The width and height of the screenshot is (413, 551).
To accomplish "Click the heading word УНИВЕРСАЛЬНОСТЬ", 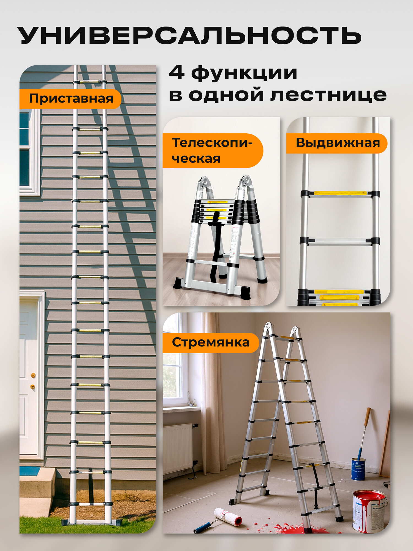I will point(190,36).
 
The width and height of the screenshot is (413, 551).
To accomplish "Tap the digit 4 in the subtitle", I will point(176,73).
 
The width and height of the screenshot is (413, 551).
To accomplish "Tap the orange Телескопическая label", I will point(212,151).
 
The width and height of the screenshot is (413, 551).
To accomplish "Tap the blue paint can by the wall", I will point(358,468).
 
